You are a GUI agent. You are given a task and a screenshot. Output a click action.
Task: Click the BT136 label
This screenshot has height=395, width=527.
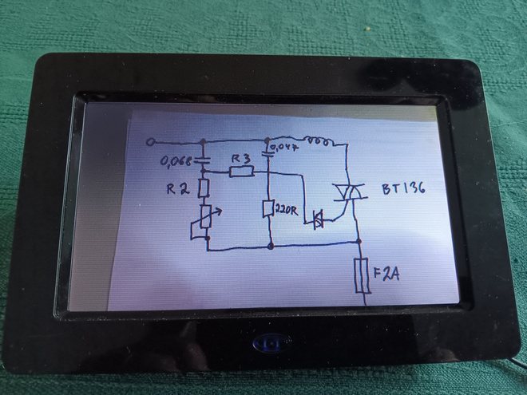404,188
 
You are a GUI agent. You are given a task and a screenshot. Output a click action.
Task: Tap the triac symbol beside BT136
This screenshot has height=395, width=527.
349,192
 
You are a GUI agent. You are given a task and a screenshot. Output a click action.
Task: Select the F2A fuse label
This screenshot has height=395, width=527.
386,274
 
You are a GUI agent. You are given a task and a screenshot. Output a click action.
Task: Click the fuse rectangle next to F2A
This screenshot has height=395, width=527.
363,275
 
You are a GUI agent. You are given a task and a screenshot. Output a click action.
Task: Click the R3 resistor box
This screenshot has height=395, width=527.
242,172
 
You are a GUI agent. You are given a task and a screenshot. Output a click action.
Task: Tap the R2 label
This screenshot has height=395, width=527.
178,189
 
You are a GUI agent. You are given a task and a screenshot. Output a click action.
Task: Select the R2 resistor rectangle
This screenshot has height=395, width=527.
204,188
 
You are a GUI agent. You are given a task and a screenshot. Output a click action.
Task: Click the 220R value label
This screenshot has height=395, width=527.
287,210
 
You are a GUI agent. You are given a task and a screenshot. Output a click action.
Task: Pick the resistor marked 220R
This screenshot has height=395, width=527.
268,208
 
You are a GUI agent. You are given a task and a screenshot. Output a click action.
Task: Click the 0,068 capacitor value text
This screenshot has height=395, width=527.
175,161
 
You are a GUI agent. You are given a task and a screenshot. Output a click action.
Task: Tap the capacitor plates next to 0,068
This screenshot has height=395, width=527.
202,160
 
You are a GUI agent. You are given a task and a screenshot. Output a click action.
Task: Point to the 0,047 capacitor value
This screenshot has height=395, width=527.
284,147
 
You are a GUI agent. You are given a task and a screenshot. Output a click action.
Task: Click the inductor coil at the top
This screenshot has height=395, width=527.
320,141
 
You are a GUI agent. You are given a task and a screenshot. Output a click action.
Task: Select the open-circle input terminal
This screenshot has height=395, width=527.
151,142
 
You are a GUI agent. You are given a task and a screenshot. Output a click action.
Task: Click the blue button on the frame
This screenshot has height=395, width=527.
271,342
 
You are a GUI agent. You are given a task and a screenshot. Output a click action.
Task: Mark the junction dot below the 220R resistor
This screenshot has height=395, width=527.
271,247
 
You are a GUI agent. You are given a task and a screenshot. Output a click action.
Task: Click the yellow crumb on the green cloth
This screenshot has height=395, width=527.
368,29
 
